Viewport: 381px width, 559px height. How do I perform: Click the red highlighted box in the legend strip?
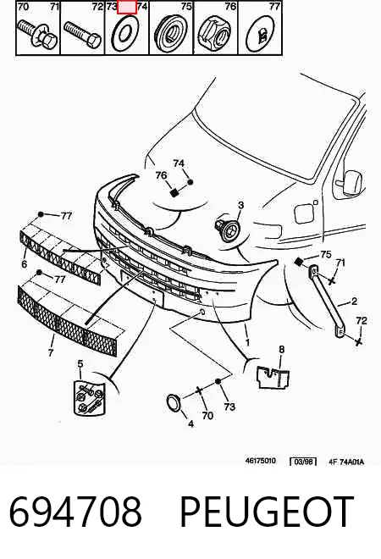[127, 8]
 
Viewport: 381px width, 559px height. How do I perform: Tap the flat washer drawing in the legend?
[125, 33]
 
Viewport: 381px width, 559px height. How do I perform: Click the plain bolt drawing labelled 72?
[83, 34]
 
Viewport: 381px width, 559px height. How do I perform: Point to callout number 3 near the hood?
[241, 205]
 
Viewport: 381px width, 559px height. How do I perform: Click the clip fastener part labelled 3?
[228, 230]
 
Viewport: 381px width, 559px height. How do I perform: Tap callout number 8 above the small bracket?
[282, 349]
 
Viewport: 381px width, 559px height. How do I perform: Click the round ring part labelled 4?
[174, 403]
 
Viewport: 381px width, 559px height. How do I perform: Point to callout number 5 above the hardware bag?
[80, 363]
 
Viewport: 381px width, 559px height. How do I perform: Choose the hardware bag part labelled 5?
[90, 397]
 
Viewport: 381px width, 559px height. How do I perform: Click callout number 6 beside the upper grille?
[24, 263]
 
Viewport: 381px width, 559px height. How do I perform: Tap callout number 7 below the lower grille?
[51, 352]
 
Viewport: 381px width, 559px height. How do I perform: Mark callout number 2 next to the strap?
[354, 302]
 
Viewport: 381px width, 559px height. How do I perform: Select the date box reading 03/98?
[303, 462]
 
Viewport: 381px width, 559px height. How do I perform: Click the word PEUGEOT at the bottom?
[267, 512]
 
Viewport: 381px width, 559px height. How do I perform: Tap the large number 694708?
[75, 512]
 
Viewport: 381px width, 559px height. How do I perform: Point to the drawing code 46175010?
[260, 461]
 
